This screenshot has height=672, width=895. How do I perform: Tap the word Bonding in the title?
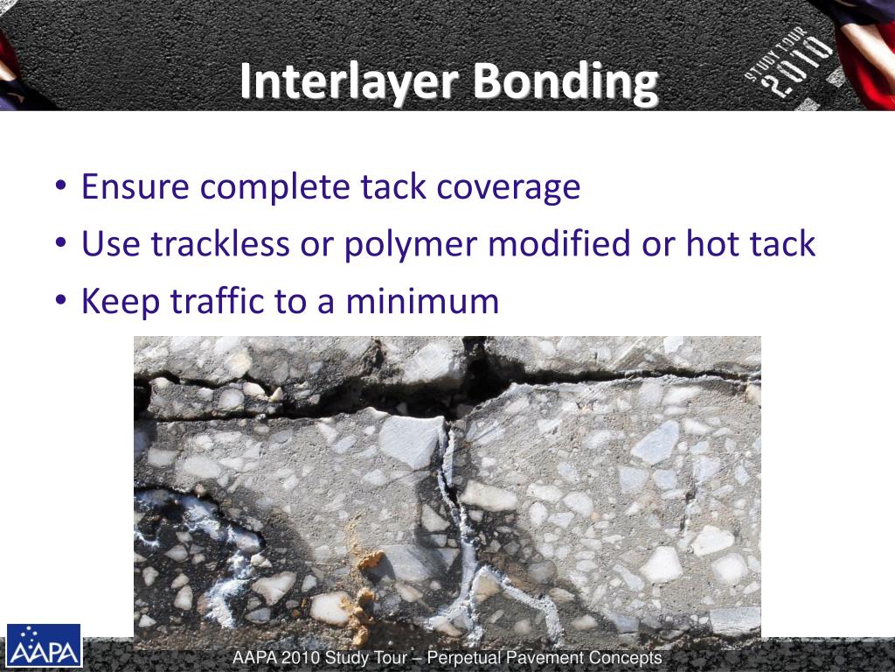tap(565, 83)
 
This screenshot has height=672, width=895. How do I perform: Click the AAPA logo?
tap(44, 646)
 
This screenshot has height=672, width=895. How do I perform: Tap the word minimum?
tap(421, 302)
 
